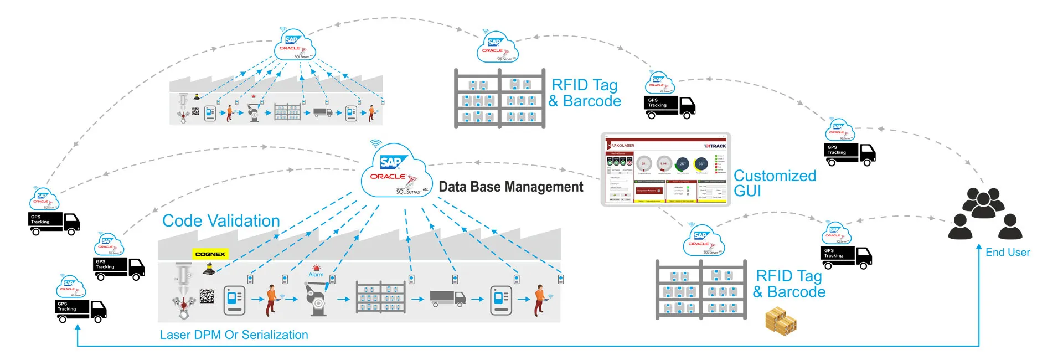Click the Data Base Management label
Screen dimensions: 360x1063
point(510,187)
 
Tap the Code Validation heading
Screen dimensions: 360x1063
point(221,221)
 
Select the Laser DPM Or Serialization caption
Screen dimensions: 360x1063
point(234,335)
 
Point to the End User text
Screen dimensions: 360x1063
point(1008,253)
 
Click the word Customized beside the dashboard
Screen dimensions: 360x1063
point(775,176)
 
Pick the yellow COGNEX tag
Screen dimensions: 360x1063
point(210,254)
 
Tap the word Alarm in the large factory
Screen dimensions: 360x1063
point(316,275)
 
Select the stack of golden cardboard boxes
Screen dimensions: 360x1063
point(781,322)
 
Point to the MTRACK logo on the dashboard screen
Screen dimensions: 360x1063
point(715,146)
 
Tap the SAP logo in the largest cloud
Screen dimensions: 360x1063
point(393,162)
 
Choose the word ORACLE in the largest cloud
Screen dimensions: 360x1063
point(388,177)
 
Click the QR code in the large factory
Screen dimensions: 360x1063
point(207,296)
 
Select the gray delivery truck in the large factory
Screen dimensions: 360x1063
point(447,299)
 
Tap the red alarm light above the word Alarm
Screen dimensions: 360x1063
point(316,268)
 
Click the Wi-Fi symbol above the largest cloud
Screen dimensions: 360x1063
point(376,144)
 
